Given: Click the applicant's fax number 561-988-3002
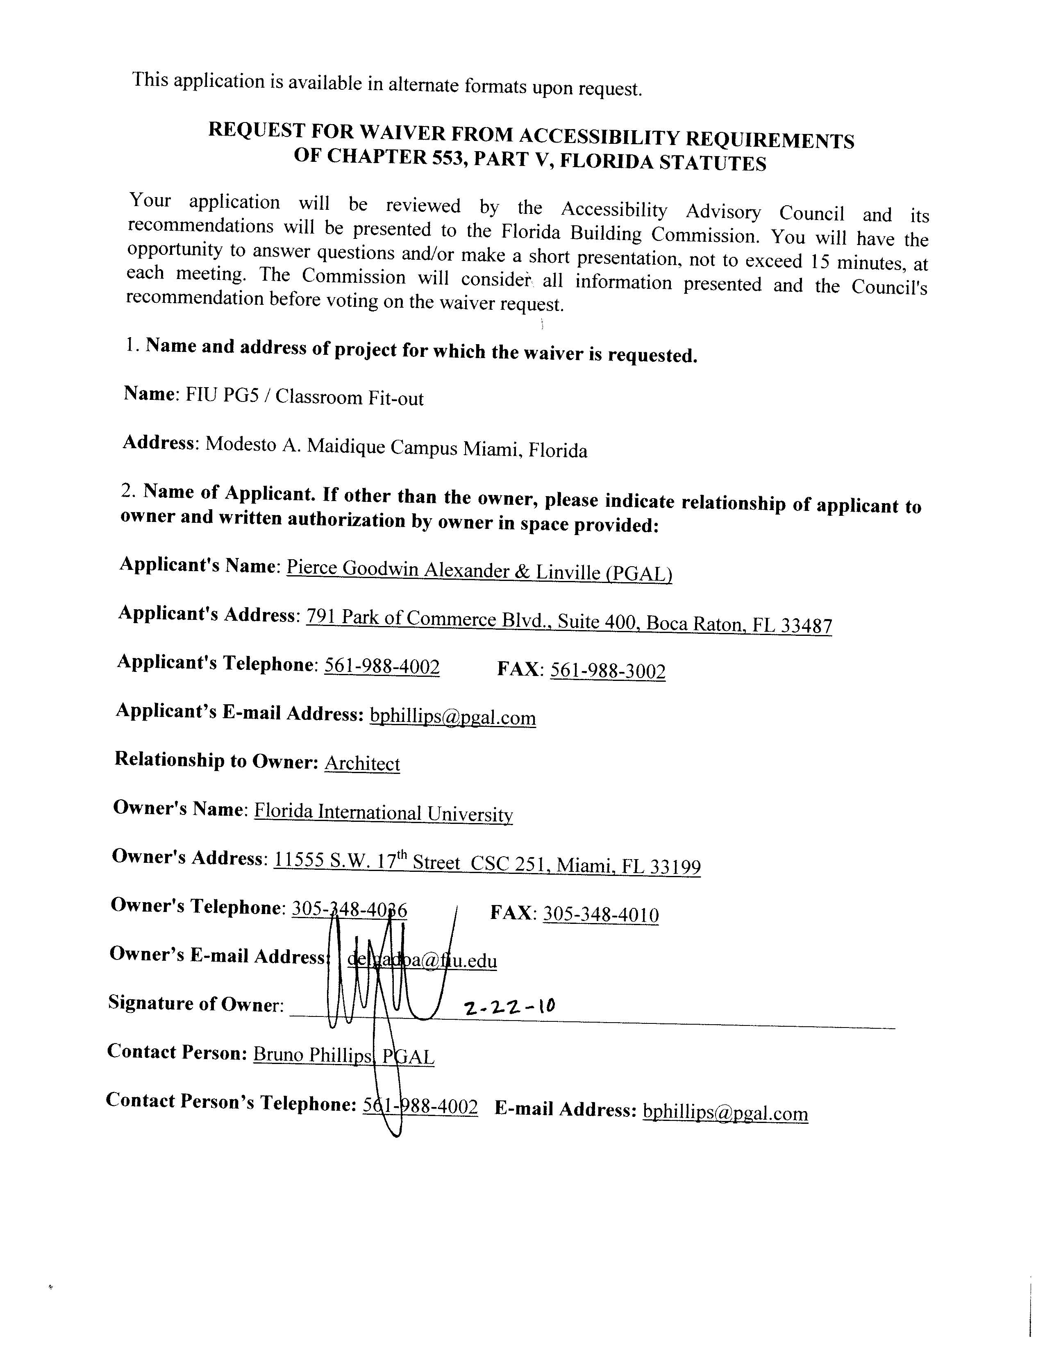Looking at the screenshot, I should pos(607,671).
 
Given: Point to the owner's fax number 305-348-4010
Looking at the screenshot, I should pos(600,915).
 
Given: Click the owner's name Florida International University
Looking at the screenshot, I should pos(383,813).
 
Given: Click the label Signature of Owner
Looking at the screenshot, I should pos(195,1003).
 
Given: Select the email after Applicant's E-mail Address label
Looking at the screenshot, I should pos(452,717).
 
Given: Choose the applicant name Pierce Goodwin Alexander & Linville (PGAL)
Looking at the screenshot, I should pos(479,571).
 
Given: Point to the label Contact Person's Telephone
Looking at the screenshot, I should pos(230,1102).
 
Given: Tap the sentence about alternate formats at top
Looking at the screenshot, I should pos(387,85).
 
